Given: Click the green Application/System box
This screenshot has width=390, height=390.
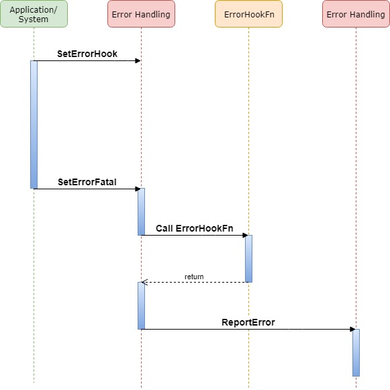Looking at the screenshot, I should (34, 14).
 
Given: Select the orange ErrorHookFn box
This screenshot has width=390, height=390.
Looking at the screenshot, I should (248, 14).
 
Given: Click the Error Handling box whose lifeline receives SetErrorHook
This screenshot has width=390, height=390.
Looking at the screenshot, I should (141, 14).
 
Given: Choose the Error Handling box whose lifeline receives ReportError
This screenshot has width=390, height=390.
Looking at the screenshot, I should (356, 14).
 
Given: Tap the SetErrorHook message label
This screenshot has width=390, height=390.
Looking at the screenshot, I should (87, 54).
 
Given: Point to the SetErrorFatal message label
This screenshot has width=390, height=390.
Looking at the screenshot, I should (87, 182).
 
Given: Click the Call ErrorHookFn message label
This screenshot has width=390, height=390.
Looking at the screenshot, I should (195, 229).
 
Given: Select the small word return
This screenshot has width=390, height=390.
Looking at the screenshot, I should (194, 277).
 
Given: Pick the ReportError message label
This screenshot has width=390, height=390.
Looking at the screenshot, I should (248, 323).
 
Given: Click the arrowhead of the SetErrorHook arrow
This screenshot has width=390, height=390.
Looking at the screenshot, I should (138, 61).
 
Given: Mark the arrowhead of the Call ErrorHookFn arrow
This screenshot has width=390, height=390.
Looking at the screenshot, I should (245, 236).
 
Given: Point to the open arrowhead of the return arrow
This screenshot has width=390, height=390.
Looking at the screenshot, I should (144, 282).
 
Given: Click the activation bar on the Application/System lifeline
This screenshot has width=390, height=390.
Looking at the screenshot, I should (34, 124).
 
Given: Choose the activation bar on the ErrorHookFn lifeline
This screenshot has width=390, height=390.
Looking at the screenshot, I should (248, 258).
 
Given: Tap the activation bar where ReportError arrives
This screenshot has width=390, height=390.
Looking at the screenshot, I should (356, 352).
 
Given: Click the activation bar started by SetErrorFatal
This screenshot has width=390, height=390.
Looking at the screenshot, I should (141, 211).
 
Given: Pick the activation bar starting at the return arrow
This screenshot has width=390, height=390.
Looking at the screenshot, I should (141, 305).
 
